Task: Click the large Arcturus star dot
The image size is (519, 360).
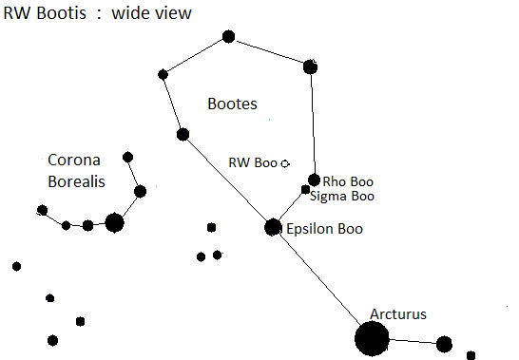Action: pos(372,338)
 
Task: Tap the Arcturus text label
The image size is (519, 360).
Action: pos(398,314)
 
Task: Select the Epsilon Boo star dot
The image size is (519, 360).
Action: pos(273,227)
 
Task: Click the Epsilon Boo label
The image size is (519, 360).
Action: pos(324,229)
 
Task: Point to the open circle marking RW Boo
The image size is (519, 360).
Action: pos(285,163)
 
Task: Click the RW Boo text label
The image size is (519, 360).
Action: pos(253,162)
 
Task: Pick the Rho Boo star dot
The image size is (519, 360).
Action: pos(314,180)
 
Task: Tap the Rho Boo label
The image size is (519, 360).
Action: pos(348,181)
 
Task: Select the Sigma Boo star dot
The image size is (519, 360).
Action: pos(305,190)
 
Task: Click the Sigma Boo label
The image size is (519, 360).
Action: pos(342,197)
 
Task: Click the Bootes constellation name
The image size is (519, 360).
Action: pos(232,104)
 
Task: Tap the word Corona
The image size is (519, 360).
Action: pos(74,161)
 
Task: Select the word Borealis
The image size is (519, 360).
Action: pos(76,181)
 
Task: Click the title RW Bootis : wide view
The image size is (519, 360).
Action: pos(97,13)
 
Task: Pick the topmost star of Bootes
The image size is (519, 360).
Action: pos(228,36)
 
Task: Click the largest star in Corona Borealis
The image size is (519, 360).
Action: pos(114,222)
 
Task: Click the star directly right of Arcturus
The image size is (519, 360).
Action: pos(444,344)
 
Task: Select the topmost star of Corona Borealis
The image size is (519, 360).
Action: pos(127,157)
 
